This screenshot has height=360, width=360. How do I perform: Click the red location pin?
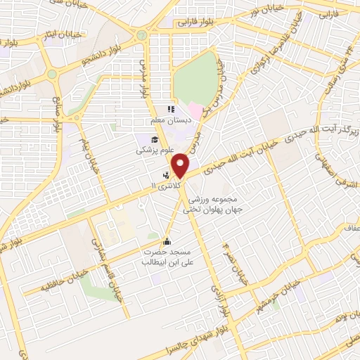point(182,165)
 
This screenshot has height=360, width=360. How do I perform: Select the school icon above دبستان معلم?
point(169,110)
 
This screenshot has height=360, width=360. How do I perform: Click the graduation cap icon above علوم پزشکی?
point(155,139)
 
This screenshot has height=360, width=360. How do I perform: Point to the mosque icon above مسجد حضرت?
point(167,239)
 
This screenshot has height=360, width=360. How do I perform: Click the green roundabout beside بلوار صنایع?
point(52,74)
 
